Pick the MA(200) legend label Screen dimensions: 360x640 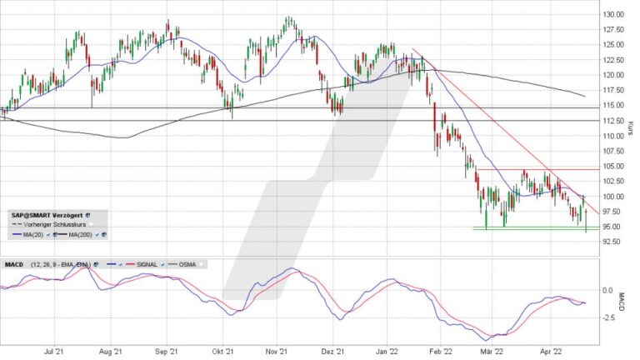tap(79, 236)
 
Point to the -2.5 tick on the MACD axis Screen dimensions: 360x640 tap(610, 317)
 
